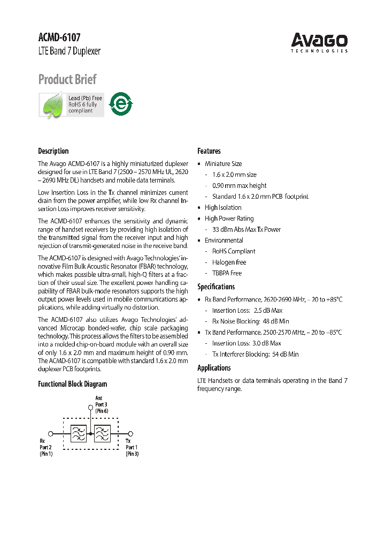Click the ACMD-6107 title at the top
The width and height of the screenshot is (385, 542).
(x=59, y=37)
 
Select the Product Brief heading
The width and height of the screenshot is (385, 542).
(x=67, y=80)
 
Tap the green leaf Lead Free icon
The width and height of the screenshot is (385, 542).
(x=53, y=105)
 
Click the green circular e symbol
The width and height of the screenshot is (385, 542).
(x=121, y=104)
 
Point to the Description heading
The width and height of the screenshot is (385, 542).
(x=53, y=151)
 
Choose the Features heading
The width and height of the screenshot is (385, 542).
(x=209, y=151)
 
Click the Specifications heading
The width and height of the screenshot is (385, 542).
(x=216, y=287)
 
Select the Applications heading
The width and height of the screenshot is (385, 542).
(x=214, y=368)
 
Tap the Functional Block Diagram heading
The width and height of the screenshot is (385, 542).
(x=72, y=384)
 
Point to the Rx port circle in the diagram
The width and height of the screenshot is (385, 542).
(x=50, y=433)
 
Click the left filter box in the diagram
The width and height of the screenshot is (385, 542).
(x=79, y=433)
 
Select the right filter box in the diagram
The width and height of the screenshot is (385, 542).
(x=102, y=433)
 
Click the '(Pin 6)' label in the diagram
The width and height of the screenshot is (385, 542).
(x=102, y=410)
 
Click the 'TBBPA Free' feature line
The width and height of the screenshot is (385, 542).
(x=227, y=273)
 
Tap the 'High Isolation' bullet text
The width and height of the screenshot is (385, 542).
(x=223, y=207)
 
